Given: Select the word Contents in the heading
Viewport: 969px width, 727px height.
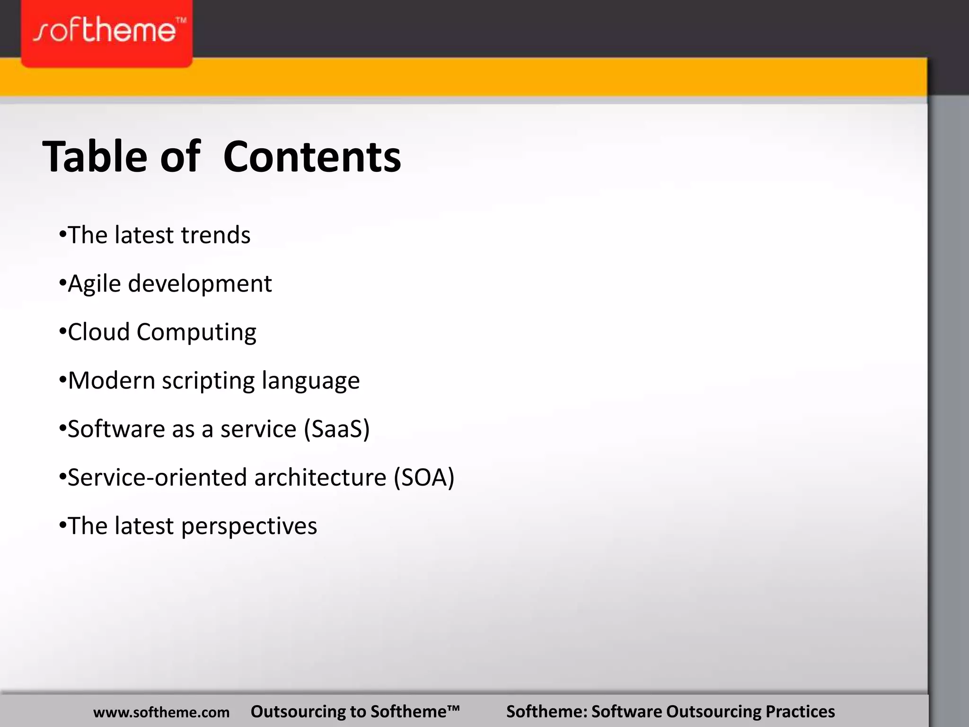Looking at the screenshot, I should (x=312, y=157).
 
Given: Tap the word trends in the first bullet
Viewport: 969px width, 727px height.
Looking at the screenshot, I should (x=216, y=235).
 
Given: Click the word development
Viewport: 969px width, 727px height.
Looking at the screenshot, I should (x=200, y=284).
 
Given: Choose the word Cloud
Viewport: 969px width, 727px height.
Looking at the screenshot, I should (x=99, y=332).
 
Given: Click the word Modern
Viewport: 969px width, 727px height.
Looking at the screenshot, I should (x=112, y=381).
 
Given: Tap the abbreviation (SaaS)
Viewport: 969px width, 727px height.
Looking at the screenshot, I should (x=337, y=429).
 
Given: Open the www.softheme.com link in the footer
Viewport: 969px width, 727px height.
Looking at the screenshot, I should (x=161, y=712).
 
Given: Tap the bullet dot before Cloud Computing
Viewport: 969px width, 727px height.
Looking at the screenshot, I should (x=62, y=332).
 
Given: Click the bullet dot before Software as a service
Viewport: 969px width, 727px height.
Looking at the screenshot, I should (x=62, y=429).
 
